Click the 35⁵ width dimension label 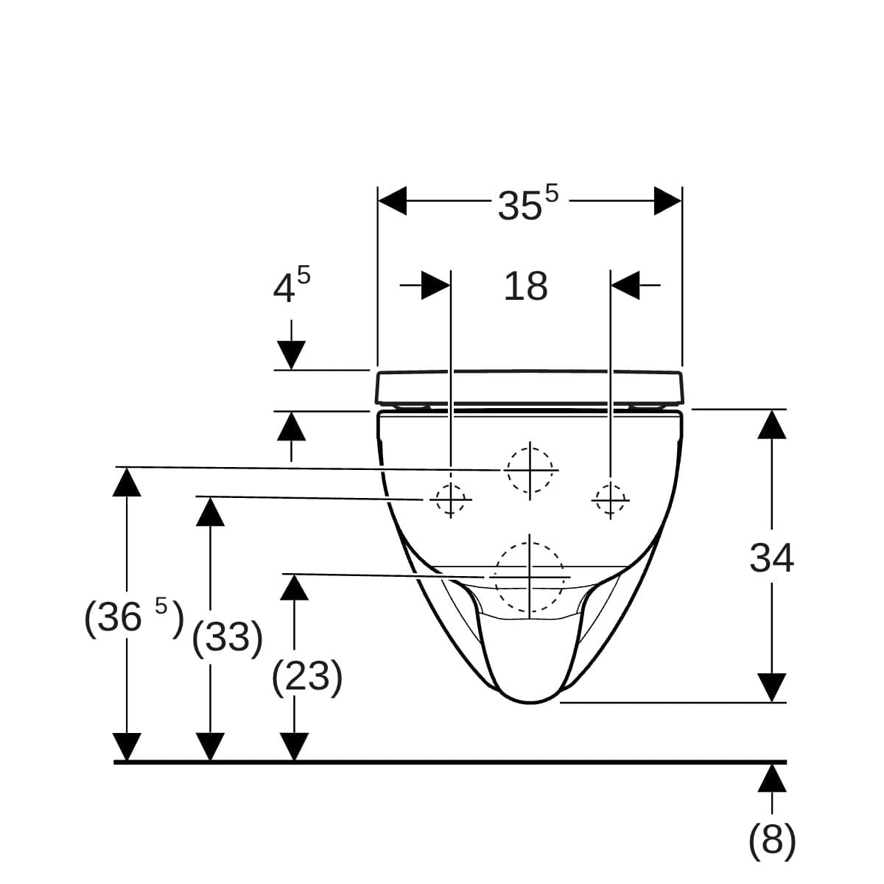click(x=527, y=203)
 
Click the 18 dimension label click(x=525, y=287)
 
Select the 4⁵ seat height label click(x=291, y=285)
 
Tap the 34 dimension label click(x=771, y=558)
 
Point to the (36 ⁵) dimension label click(x=134, y=618)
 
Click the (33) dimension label click(x=227, y=638)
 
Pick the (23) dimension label click(x=307, y=677)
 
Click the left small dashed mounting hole click(x=451, y=499)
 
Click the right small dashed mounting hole click(x=610, y=499)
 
